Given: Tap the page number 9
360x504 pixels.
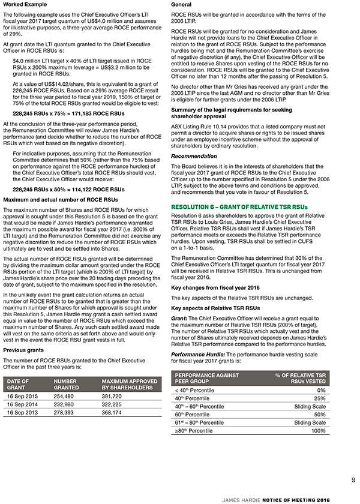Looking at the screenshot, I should coord(353,479).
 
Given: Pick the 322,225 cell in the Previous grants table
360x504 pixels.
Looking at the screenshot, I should coord(114,405).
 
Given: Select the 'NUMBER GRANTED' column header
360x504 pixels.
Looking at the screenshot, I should coord(66,384).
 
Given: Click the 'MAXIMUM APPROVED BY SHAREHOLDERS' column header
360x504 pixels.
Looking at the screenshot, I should coord(130,384).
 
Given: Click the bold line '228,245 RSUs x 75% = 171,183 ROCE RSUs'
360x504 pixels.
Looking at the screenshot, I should coord(68,113).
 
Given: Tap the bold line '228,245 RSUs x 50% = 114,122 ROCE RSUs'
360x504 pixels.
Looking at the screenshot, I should coord(68,189).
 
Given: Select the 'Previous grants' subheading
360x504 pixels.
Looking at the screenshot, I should coord(23,350).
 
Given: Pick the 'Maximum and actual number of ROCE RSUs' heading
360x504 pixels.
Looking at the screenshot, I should coord(61,199).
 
